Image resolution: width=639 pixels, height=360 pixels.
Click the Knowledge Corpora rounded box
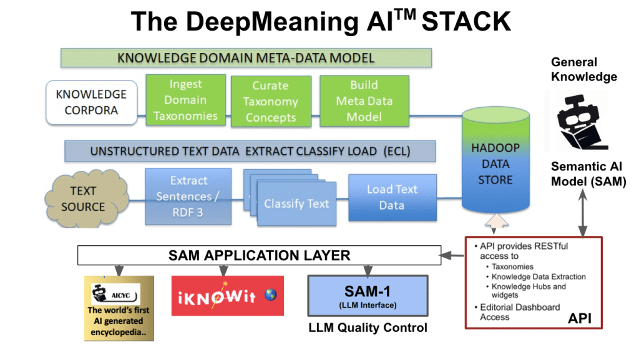(91, 102)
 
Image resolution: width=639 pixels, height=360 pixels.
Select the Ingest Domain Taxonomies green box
(185, 100)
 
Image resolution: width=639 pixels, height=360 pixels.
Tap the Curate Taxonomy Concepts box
(270, 102)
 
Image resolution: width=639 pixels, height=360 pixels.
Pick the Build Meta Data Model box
(364, 100)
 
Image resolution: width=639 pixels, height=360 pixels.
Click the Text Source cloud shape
(82, 198)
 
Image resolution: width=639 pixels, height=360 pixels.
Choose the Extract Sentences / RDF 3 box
(188, 196)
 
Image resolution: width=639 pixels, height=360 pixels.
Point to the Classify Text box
(296, 203)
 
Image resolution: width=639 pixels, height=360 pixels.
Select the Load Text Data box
(391, 197)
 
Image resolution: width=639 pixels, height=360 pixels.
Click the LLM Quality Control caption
(368, 327)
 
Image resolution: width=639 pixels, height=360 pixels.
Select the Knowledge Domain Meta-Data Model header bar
(246, 58)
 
